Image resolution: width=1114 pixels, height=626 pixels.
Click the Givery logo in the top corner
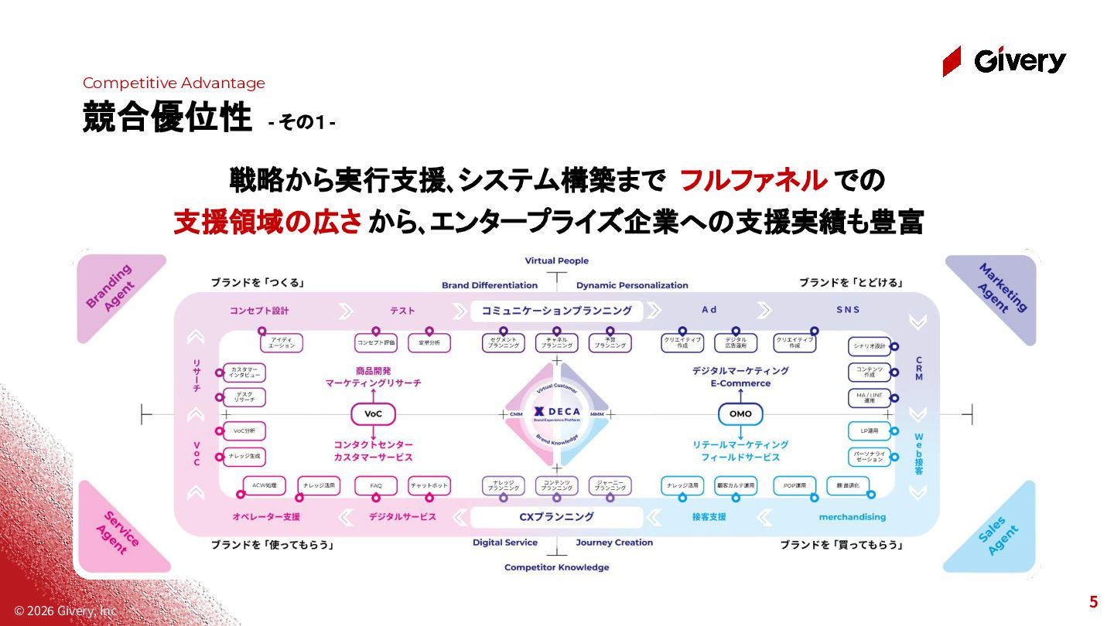tap(1004, 60)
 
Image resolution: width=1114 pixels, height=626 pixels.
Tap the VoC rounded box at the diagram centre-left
tap(373, 414)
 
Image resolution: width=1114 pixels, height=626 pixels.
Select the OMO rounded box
tap(740, 414)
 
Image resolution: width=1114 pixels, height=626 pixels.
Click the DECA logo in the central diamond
tap(557, 413)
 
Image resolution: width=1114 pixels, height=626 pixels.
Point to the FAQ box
tap(376, 485)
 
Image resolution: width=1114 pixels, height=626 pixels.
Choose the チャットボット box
tap(429, 485)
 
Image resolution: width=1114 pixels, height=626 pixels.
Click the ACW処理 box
tap(265, 485)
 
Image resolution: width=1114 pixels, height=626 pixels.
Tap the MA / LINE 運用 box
tap(870, 399)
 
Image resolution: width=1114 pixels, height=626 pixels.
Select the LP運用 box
tap(870, 430)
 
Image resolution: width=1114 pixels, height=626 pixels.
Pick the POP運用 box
tap(794, 485)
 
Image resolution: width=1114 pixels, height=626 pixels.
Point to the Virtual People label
tap(557, 261)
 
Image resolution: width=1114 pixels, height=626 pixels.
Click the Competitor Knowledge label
tap(557, 567)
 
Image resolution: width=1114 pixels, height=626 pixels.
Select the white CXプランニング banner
tap(557, 516)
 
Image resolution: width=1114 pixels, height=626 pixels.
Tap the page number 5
tap(1093, 603)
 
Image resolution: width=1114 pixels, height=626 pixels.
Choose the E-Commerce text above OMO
tap(740, 383)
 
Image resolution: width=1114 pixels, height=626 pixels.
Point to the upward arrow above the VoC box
tap(373, 393)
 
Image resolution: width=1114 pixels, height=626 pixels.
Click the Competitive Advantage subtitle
tap(174, 83)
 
